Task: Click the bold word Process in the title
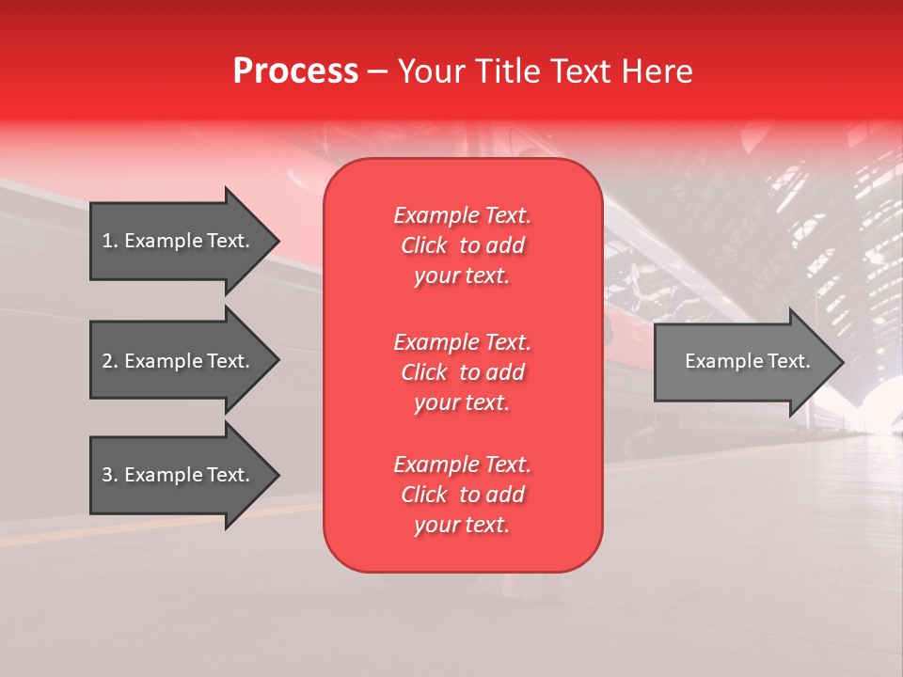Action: coord(295,71)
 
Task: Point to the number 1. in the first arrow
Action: coord(110,241)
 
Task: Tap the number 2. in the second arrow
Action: coord(110,361)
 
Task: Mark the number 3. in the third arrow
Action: coord(110,475)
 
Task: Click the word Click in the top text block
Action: coord(423,245)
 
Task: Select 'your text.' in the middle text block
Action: coord(462,402)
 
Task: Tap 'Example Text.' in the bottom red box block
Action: coord(462,464)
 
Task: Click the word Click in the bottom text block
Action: coord(423,495)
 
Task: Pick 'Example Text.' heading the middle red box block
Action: coord(462,341)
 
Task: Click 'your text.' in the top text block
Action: coord(462,276)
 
